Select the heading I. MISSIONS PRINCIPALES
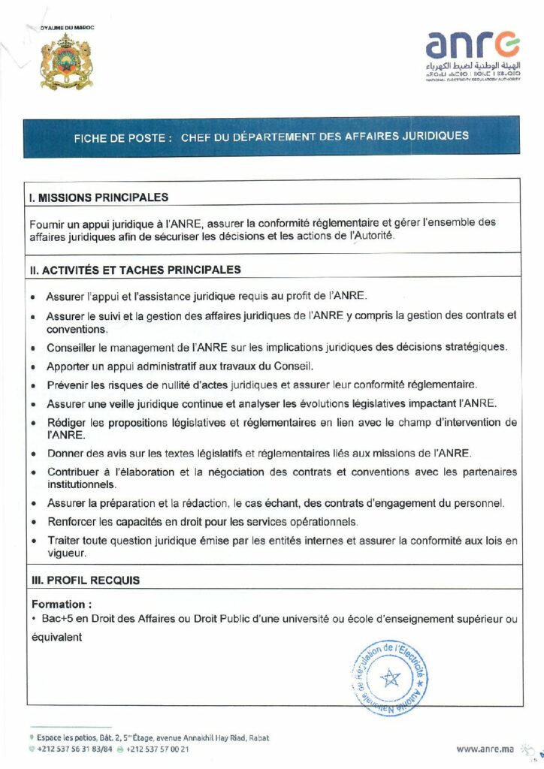[x=98, y=198]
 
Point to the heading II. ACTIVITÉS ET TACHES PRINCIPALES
[x=134, y=269]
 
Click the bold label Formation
[x=62, y=604]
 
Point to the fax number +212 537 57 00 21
[x=158, y=749]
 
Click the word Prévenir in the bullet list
[x=68, y=385]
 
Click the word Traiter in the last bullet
[x=63, y=541]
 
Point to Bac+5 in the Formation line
[x=55, y=619]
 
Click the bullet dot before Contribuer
[x=34, y=473]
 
